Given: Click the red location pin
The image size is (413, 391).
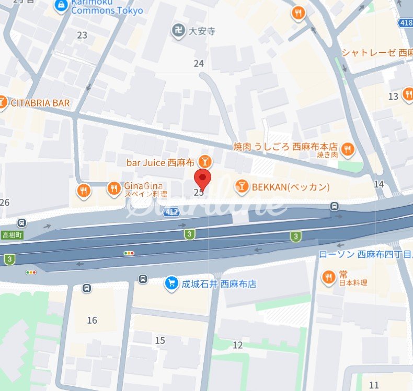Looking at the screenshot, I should pyautogui.click(x=202, y=178).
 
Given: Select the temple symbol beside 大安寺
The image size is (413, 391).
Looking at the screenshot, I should pyautogui.click(x=178, y=31).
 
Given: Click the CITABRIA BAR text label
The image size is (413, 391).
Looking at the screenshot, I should pyautogui.click(x=39, y=103).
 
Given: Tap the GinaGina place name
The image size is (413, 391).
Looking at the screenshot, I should pyautogui.click(x=143, y=186).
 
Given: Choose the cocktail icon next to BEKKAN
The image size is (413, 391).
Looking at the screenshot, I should pyautogui.click(x=242, y=186).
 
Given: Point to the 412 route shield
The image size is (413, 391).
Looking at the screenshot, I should pyautogui.click(x=171, y=211).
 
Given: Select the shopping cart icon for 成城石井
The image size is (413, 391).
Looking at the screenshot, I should pyautogui.click(x=171, y=283).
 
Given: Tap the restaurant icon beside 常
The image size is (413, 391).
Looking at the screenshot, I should pyautogui.click(x=328, y=278).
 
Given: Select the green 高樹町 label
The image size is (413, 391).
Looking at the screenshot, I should pyautogui.click(x=12, y=235).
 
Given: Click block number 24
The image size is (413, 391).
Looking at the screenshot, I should pyautogui.click(x=199, y=64).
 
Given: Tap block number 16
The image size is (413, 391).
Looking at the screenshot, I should pyautogui.click(x=92, y=320).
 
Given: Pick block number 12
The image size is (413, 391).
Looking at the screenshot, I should pyautogui.click(x=238, y=345).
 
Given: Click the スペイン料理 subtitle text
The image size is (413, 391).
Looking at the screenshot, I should pyautogui.click(x=146, y=194).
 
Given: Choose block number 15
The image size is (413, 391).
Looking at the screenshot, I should pyautogui.click(x=160, y=341).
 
